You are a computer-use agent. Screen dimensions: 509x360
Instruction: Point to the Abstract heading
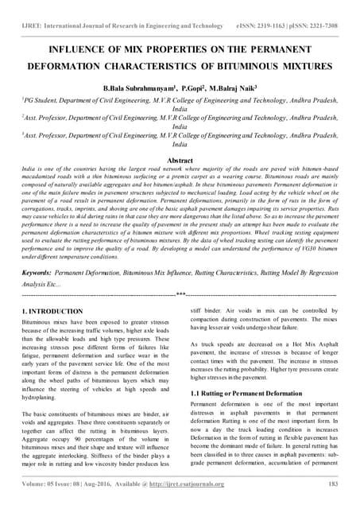pyautogui.click(x=180, y=160)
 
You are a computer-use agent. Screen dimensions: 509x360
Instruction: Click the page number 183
pyautogui.click(x=334, y=484)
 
